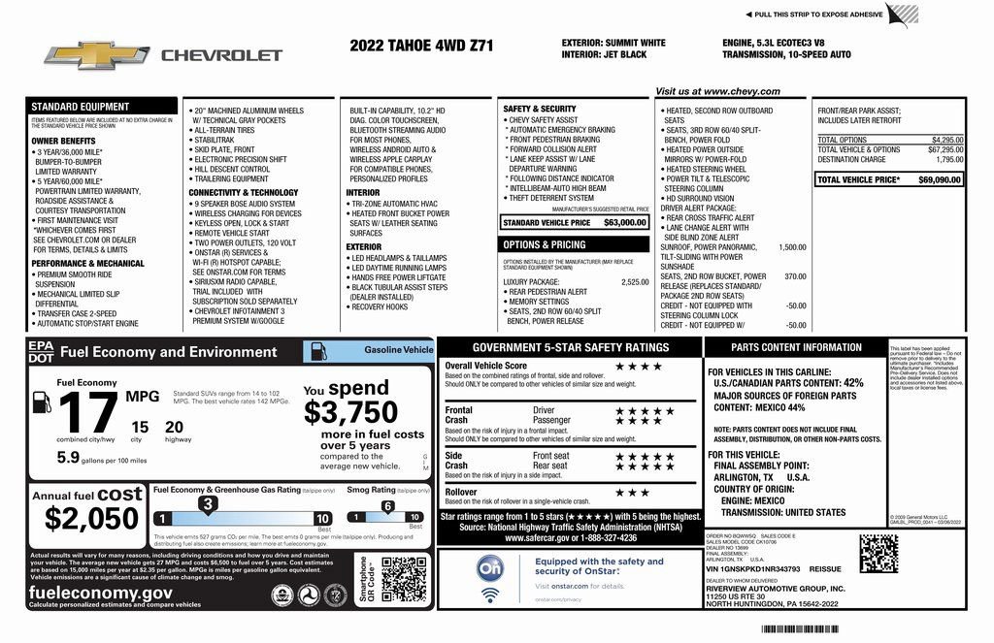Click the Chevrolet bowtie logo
pyautogui.click(x=96, y=55)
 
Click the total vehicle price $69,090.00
pyautogui.click(x=940, y=179)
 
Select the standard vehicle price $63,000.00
pyautogui.click(x=624, y=222)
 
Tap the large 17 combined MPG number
pyautogui.click(x=86, y=414)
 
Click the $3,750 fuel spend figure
pyautogui.click(x=350, y=412)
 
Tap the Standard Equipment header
pyautogui.click(x=80, y=107)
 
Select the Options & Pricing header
pyautogui.click(x=545, y=244)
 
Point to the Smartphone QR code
pyautogui.click(x=403, y=580)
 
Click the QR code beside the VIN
pyautogui.click(x=878, y=554)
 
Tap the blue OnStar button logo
pyautogui.click(x=490, y=567)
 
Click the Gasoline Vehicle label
pyautogui.click(x=398, y=349)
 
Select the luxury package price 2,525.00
pyautogui.click(x=634, y=282)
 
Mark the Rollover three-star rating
pyautogui.click(x=632, y=493)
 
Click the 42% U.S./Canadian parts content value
pyautogui.click(x=852, y=383)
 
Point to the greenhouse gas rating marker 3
pyautogui.click(x=207, y=503)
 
